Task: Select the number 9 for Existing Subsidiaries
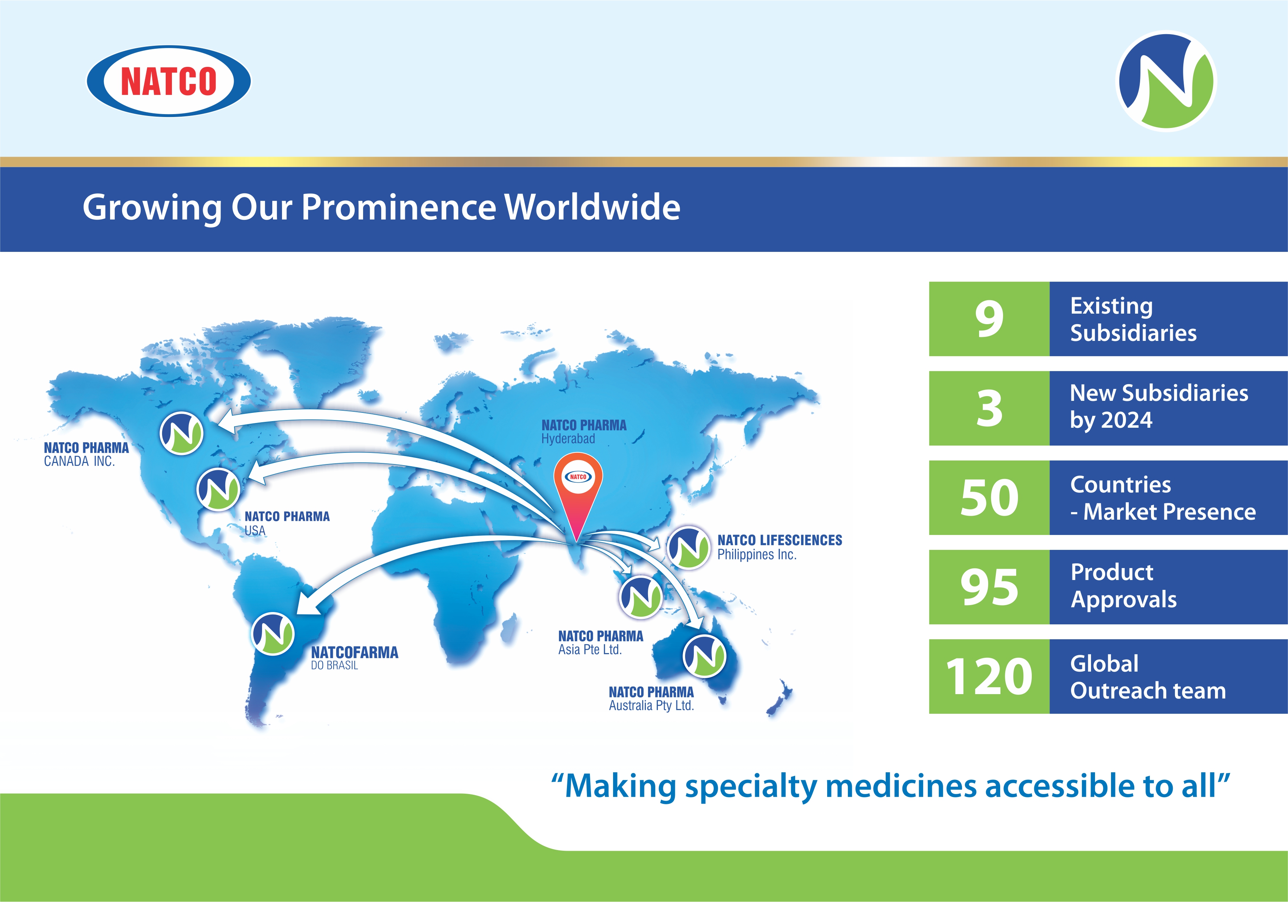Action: [x=989, y=319]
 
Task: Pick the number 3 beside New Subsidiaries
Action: [x=989, y=408]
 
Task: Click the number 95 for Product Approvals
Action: [x=989, y=587]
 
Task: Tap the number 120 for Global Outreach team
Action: [x=989, y=677]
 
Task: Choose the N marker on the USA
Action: [x=218, y=488]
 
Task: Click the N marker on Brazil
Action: [x=273, y=634]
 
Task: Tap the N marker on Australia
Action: [x=704, y=656]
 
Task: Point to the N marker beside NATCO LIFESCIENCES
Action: [x=688, y=547]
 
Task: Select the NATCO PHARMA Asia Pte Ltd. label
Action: [x=600, y=643]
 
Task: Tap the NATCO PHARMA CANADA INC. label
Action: [x=86, y=454]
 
